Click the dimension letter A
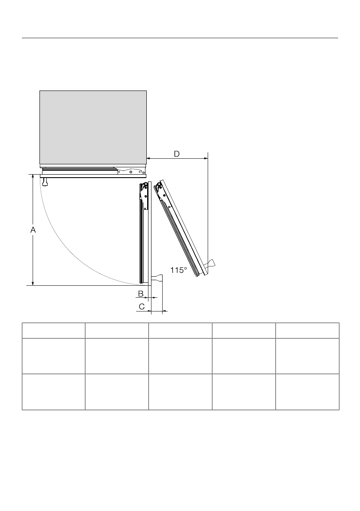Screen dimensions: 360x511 pos(33,230)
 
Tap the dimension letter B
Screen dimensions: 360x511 pos(141,293)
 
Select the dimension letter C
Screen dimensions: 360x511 pos(142,307)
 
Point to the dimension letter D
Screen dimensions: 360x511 pos(177,154)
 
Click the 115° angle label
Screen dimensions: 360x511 pos(178,270)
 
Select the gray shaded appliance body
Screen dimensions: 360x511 pos(93,128)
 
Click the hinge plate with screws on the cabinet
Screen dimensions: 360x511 pos(131,171)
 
